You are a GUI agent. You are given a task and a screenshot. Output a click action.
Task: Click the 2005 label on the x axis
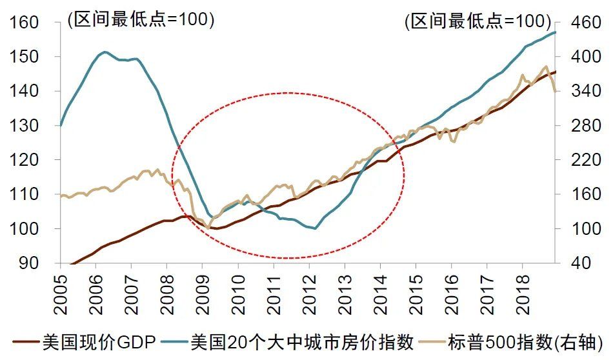coord(60,292)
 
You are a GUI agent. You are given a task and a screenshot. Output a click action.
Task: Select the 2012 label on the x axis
coord(310,292)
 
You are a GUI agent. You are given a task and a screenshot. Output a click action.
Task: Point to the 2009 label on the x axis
coord(203,292)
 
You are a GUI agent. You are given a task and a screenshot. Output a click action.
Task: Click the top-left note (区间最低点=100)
coord(140,20)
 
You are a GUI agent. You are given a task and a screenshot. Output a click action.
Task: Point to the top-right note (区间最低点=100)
coord(477,21)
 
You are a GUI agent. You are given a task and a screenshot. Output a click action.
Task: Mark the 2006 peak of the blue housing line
coord(105,52)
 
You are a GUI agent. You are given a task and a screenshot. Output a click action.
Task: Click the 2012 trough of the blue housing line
coord(314,228)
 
